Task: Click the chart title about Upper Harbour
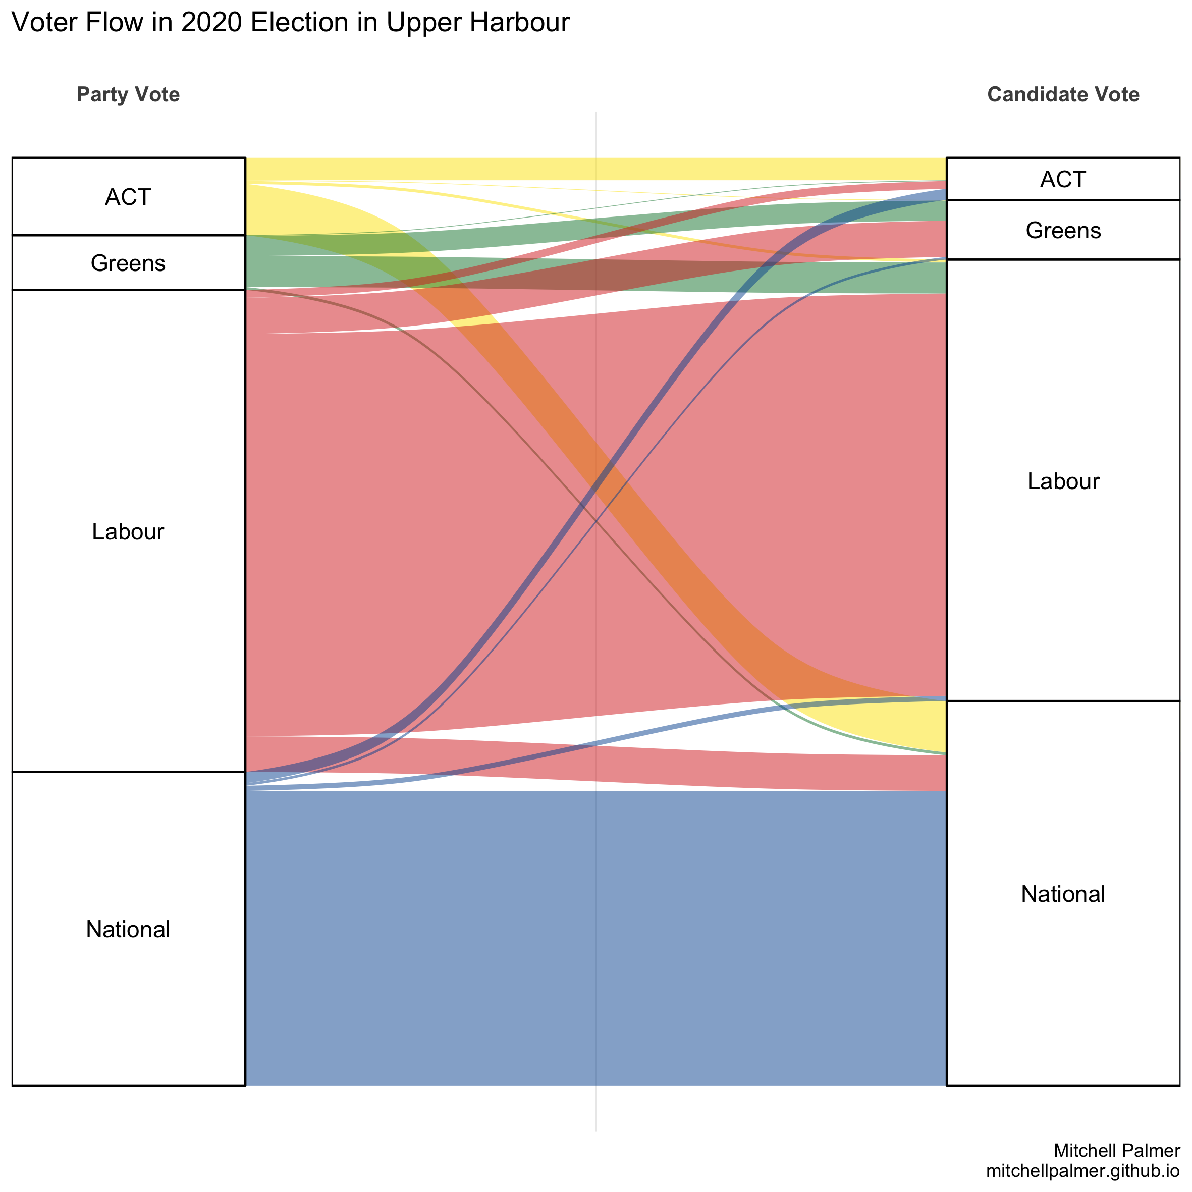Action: tap(290, 23)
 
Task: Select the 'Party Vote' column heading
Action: tap(128, 94)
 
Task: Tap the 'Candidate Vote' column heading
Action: tap(1063, 94)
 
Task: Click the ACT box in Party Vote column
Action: tap(128, 197)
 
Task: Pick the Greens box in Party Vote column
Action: tap(128, 263)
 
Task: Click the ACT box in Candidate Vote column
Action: tap(1063, 179)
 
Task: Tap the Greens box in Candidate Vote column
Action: tap(1063, 230)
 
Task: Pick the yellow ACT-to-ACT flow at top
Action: tap(595, 169)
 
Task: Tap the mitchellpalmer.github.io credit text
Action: tap(1083, 1170)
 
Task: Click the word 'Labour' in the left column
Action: tap(128, 531)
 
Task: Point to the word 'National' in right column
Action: tap(1063, 894)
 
